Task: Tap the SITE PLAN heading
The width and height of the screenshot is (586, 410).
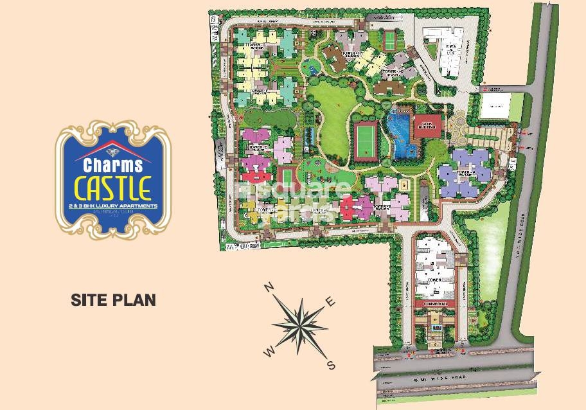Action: (112, 299)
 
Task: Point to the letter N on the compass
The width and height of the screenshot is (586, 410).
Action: (271, 287)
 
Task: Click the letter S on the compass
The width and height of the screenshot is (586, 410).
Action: (332, 366)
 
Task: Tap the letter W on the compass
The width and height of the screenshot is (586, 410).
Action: (271, 351)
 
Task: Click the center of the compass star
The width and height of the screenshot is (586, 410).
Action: (300, 325)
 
